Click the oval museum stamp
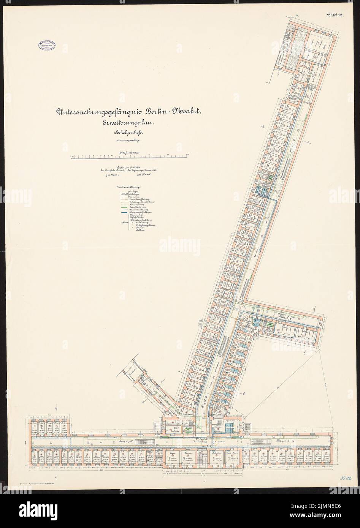pos(47,46)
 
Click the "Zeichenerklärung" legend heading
pos(130,188)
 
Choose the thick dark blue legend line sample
pos(121,212)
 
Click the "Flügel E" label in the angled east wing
pos(282,316)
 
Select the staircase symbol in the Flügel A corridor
pos(154,444)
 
